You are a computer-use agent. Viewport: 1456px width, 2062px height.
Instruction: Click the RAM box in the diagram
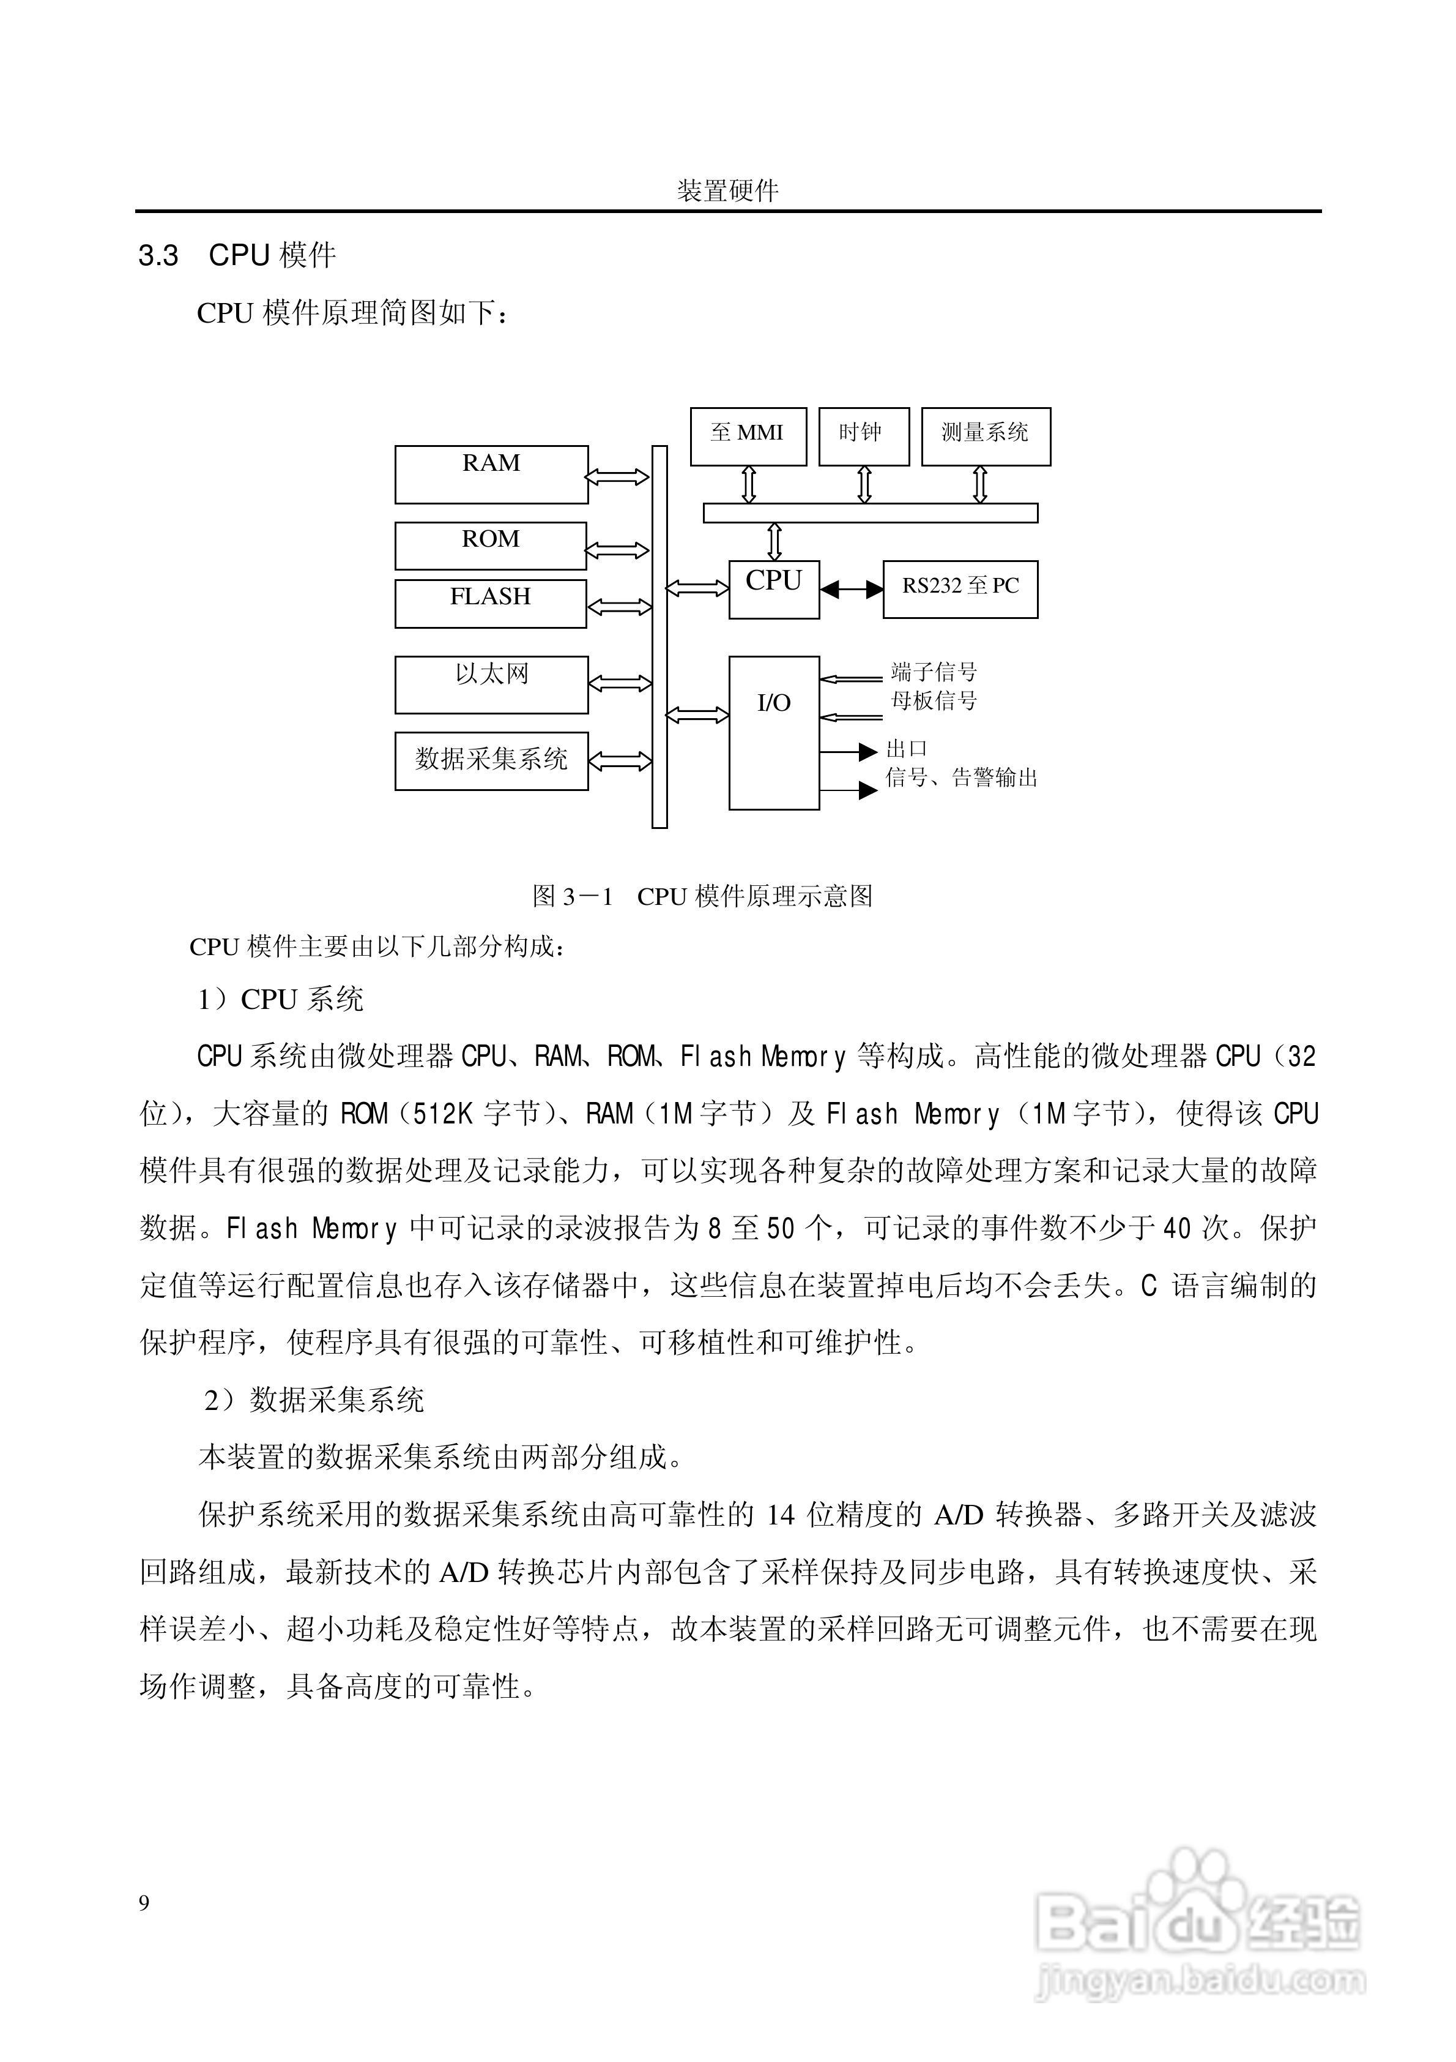click(x=491, y=474)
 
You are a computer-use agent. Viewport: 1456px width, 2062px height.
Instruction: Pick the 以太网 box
click(x=491, y=684)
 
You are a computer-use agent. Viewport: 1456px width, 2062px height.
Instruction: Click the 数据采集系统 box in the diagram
click(x=491, y=760)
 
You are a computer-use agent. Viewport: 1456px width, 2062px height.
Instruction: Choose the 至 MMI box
click(x=748, y=437)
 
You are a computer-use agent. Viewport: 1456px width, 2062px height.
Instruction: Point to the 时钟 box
click(x=864, y=437)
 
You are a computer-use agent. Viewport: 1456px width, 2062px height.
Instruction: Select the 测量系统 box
click(x=986, y=437)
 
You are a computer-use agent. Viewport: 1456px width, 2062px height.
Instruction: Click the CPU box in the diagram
click(x=774, y=589)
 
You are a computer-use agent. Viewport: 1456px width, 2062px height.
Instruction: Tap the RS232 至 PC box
click(x=960, y=589)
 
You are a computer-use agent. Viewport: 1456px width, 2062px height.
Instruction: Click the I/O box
click(x=774, y=732)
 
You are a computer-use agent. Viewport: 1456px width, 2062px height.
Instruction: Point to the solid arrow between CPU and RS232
click(x=852, y=589)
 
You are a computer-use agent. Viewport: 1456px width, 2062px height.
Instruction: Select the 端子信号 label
click(x=934, y=671)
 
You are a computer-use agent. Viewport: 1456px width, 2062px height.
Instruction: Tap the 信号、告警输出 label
click(x=962, y=778)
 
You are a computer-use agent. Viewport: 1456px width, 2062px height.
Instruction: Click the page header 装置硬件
click(x=727, y=190)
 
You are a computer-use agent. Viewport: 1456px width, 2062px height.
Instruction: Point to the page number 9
click(x=144, y=1903)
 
